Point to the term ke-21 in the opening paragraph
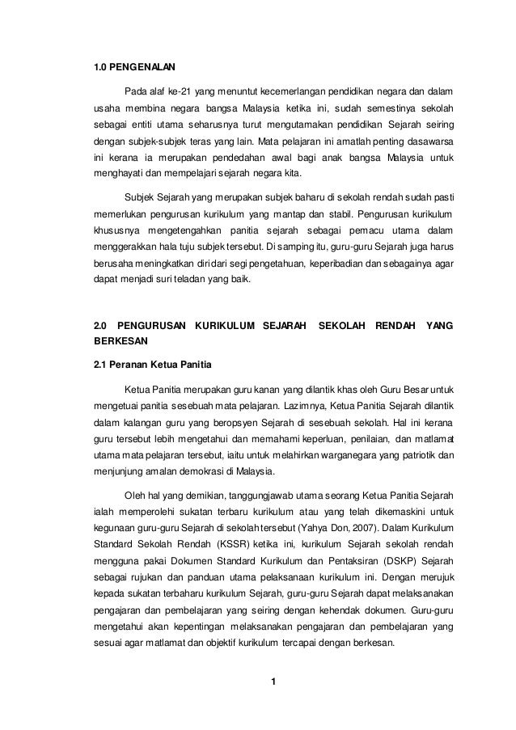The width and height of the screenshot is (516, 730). point(179,88)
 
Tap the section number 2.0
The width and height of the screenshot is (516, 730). point(102,325)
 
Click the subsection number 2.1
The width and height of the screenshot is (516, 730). point(101,369)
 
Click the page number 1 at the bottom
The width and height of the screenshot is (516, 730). point(273,687)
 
